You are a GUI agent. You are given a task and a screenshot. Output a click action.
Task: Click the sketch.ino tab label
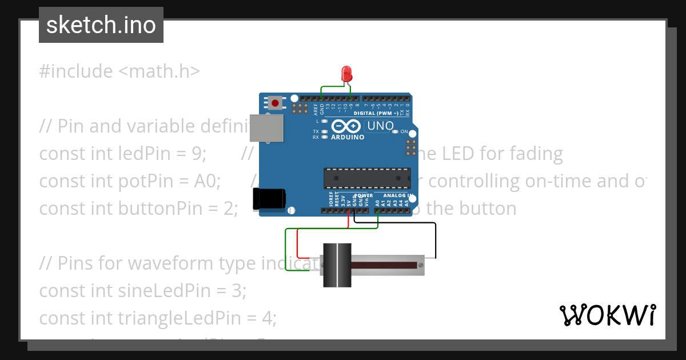[x=101, y=25]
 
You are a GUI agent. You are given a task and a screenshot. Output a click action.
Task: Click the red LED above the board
[x=346, y=74]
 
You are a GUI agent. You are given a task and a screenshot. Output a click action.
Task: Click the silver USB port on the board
[x=266, y=127]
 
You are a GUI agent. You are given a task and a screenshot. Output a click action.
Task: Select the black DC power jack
[x=269, y=198]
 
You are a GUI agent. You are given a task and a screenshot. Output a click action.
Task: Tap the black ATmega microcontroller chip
[x=367, y=178]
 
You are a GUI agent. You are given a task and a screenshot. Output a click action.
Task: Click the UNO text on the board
[x=380, y=126]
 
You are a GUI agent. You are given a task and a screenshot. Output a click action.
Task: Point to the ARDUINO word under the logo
[x=348, y=137]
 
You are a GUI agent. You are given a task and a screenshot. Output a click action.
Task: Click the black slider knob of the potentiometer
[x=337, y=265]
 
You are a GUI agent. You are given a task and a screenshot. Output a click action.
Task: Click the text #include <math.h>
[x=119, y=71]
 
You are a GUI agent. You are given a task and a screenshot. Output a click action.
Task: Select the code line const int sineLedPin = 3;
[x=142, y=291]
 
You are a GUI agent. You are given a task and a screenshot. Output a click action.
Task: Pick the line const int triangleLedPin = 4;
[x=157, y=318]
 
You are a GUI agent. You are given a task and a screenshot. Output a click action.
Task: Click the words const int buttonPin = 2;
[x=138, y=209]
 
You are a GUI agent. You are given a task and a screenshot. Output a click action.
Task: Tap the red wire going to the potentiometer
[x=298, y=243]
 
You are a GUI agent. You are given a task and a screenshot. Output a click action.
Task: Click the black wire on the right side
[x=436, y=240]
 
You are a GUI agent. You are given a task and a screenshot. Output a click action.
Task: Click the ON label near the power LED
[x=404, y=131]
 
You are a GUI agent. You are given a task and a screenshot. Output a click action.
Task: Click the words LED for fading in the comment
[x=503, y=154]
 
